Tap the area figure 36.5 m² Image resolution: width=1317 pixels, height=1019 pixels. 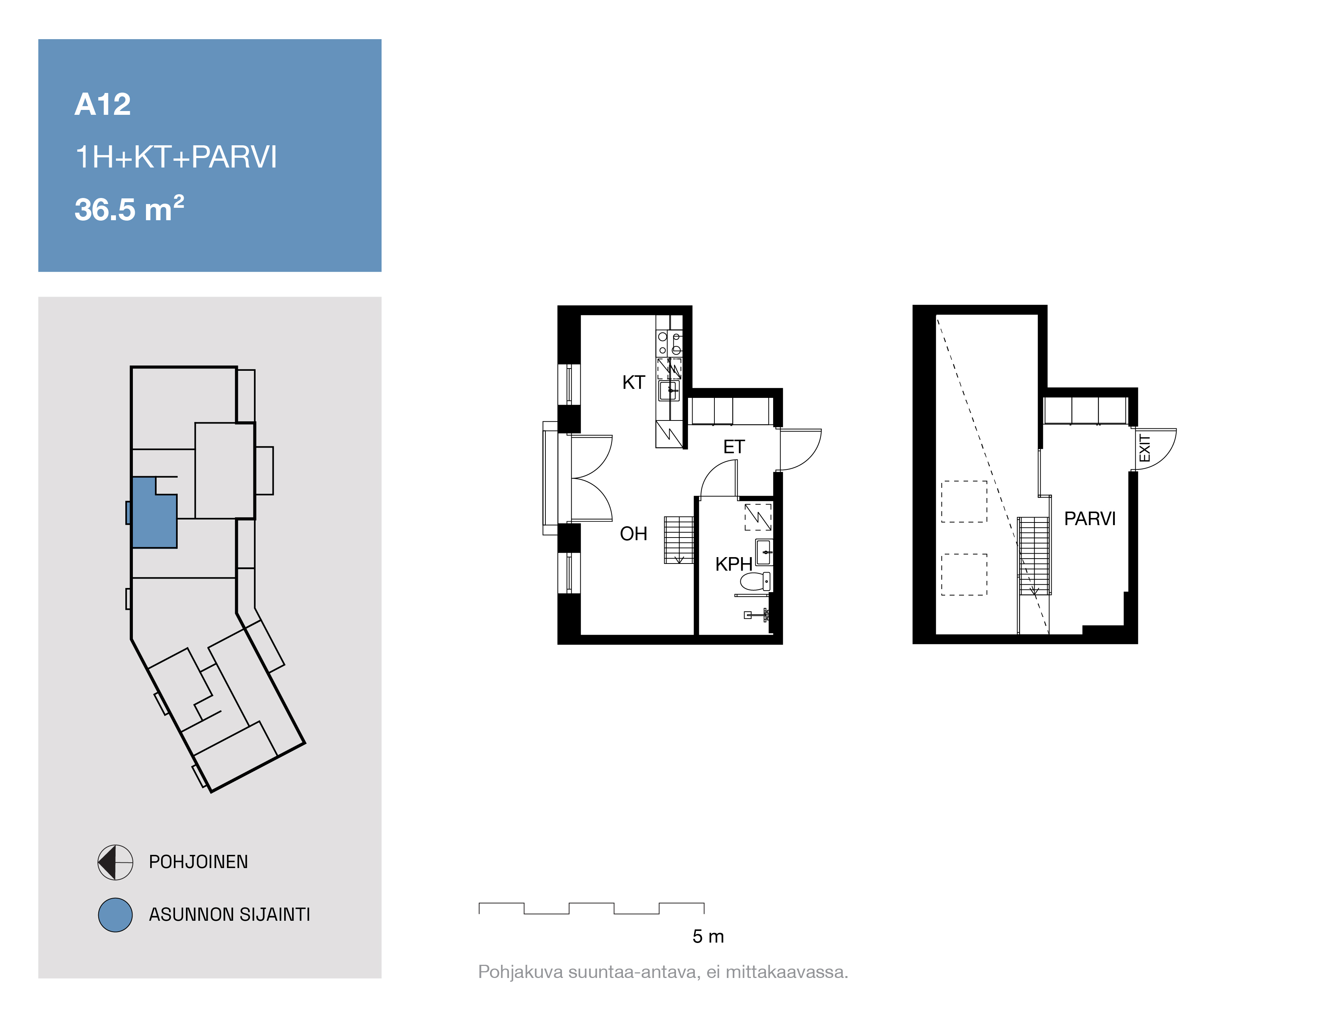(129, 209)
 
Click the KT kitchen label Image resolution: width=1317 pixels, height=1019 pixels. (634, 382)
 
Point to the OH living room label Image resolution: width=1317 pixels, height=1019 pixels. (633, 534)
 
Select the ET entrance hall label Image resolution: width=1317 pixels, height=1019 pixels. (734, 447)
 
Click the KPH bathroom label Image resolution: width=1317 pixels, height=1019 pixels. (733, 564)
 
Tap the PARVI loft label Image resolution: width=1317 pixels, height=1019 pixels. (1090, 519)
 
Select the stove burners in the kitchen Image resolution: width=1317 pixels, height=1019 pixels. (669, 344)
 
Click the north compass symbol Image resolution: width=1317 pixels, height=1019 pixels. (115, 862)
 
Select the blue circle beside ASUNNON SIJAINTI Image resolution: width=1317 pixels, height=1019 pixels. (115, 915)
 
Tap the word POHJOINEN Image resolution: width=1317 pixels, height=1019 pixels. (198, 862)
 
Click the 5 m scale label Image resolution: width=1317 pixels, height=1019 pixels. (708, 937)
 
